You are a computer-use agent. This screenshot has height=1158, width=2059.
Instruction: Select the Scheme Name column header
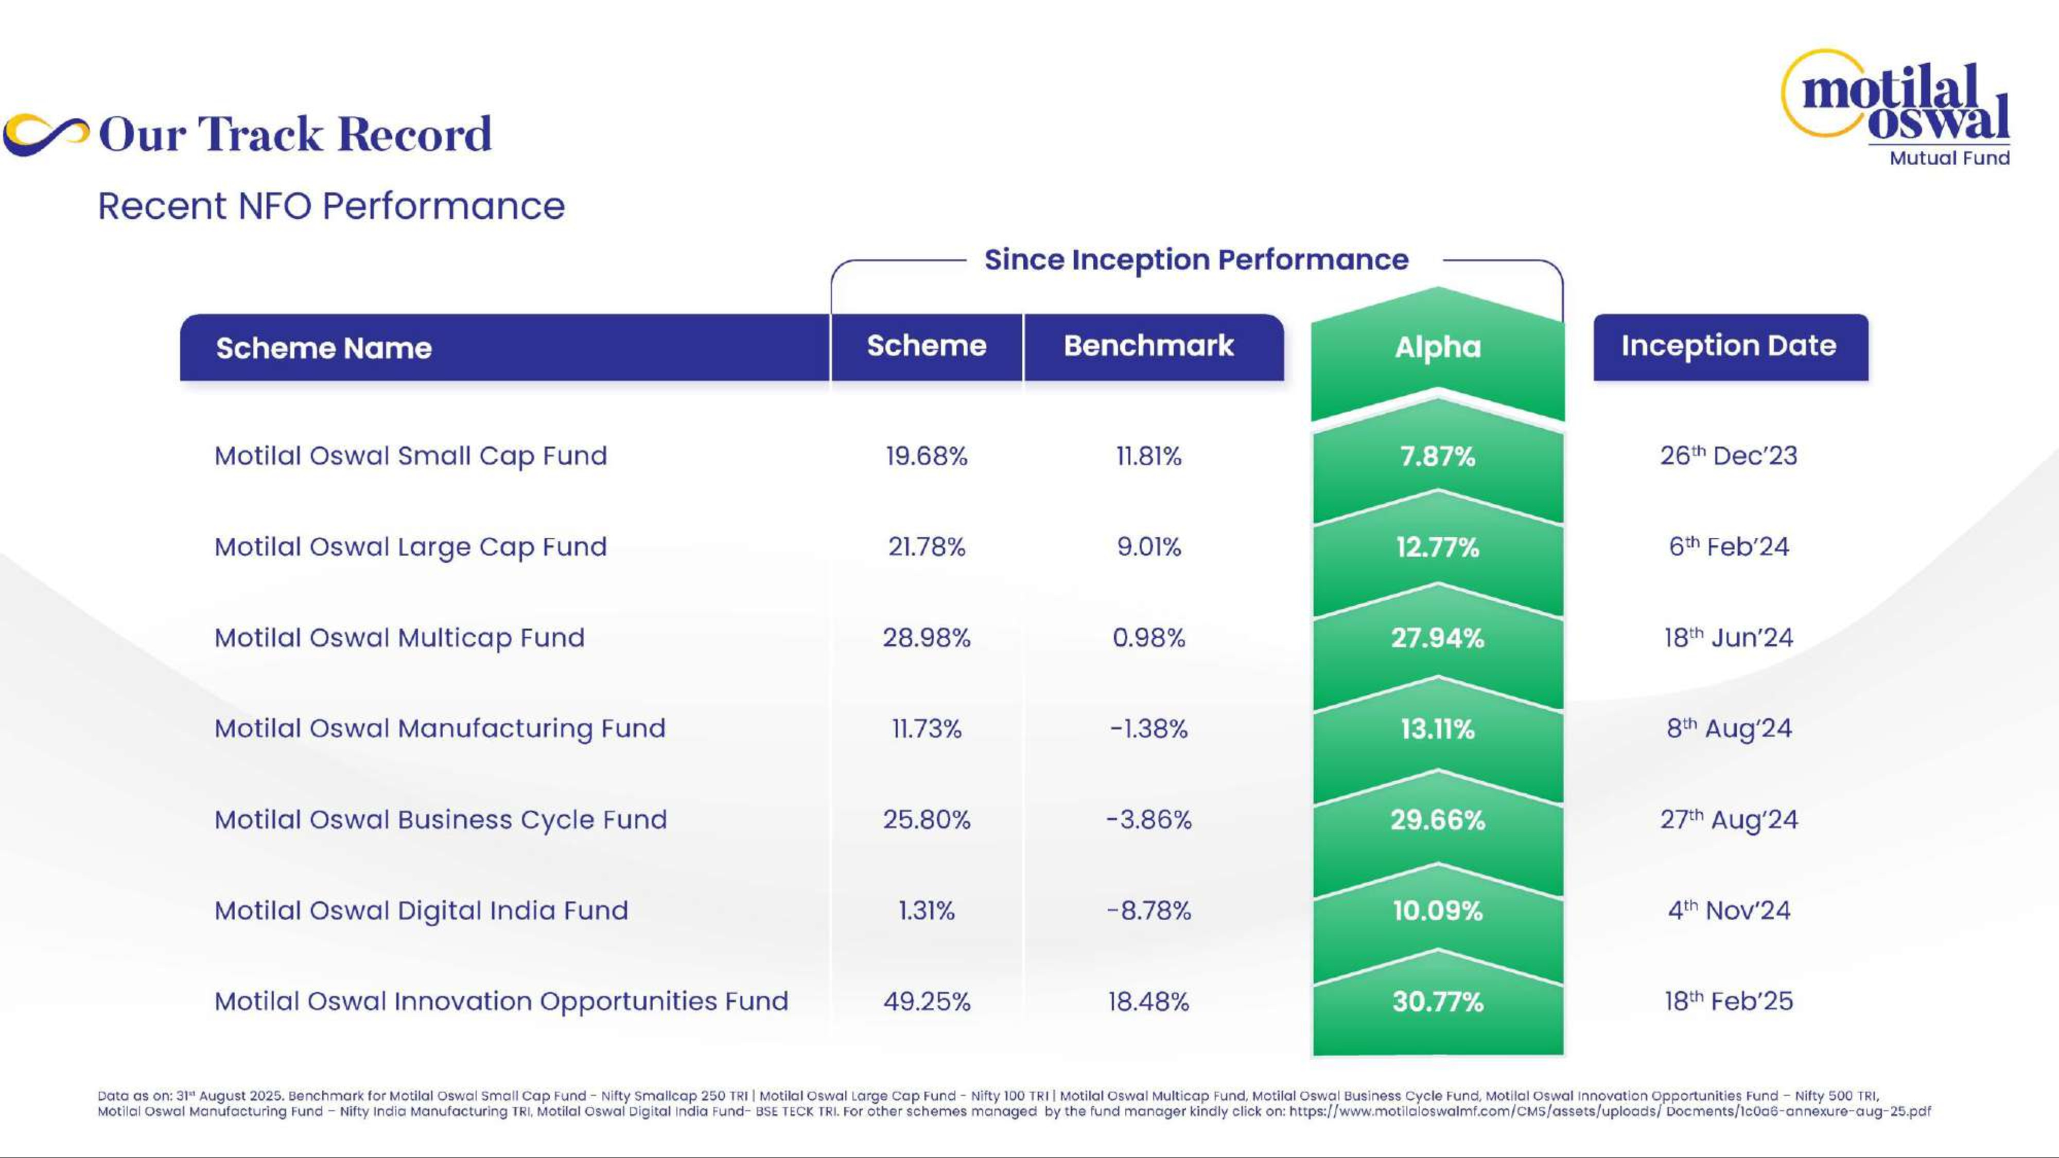[x=324, y=347]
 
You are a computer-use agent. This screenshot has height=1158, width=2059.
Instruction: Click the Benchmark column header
[x=1148, y=345]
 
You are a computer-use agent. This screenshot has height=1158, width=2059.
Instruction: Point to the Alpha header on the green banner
[x=1437, y=347]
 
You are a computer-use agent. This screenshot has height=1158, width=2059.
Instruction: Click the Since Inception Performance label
[x=1196, y=260]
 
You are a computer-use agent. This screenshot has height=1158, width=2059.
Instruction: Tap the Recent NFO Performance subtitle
[x=331, y=206]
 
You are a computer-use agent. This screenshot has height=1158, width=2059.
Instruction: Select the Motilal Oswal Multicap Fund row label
[x=399, y=638]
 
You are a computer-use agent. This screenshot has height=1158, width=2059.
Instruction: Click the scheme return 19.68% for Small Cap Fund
[x=927, y=457]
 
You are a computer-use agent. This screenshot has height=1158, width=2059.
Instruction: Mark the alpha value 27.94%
[x=1437, y=638]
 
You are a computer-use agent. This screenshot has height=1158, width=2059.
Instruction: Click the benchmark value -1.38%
[x=1148, y=729]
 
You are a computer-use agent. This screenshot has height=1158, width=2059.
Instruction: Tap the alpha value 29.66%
[x=1437, y=820]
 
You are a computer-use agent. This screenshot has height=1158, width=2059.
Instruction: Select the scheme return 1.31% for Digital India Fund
[x=927, y=911]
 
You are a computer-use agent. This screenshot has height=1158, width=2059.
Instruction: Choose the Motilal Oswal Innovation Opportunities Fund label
[x=501, y=1002]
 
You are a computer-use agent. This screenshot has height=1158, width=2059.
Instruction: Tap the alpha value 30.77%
[x=1437, y=1002]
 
